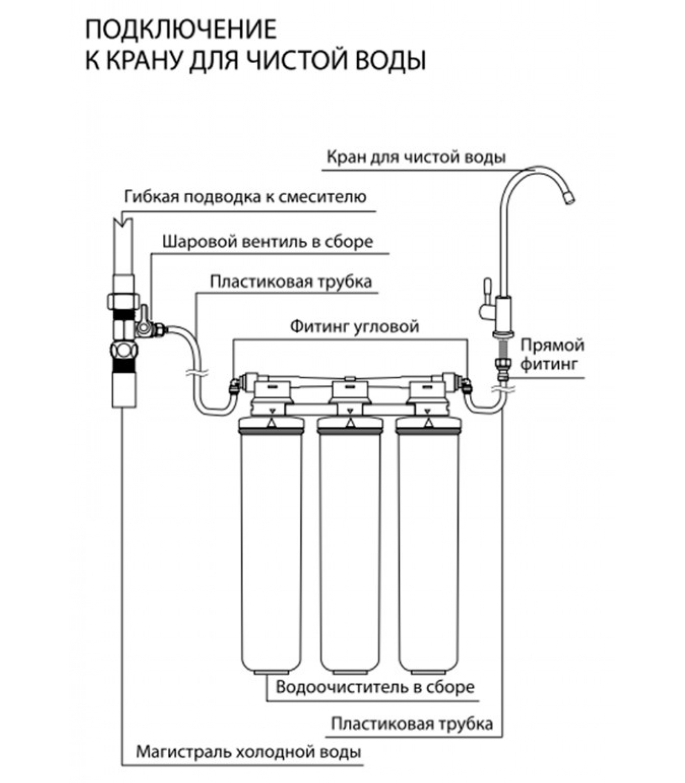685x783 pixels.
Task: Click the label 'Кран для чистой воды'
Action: [416, 158]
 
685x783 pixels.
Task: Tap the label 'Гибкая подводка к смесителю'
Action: [245, 197]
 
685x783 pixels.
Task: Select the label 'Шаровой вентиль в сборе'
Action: [268, 242]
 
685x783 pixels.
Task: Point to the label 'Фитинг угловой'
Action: [354, 326]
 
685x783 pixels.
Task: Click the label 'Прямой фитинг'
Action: [552, 354]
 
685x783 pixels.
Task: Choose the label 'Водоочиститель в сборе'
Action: [375, 687]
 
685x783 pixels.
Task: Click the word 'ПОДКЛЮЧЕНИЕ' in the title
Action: [181, 30]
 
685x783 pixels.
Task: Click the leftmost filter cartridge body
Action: [271, 548]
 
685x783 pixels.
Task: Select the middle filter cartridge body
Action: [349, 548]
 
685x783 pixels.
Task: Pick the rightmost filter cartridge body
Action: [428, 548]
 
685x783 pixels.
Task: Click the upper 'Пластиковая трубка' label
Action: [291, 282]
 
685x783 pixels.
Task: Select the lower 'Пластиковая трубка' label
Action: [411, 723]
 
